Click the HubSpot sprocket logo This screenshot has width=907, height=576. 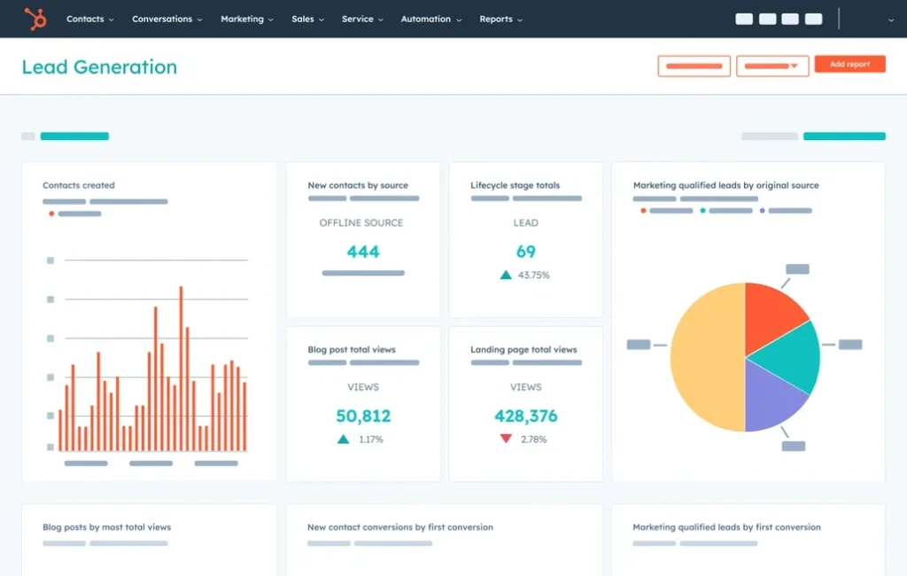tap(35, 19)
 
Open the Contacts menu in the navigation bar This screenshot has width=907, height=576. tap(89, 19)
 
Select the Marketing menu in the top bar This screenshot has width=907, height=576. tap(246, 19)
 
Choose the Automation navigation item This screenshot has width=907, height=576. tap(430, 19)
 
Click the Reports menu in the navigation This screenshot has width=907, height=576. tap(500, 19)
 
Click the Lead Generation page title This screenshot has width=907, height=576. tap(99, 67)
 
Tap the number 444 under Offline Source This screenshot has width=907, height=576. tap(363, 252)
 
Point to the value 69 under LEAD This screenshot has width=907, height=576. tap(526, 252)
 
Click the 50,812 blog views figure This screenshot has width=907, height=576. tap(363, 416)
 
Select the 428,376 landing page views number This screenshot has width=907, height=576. tap(526, 416)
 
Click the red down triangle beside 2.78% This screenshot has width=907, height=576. tap(506, 439)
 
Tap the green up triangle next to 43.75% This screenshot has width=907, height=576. tap(506, 275)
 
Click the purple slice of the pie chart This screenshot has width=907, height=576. tap(772, 397)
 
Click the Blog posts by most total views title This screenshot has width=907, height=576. tap(106, 527)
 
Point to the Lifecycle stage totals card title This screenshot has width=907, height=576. tap(515, 185)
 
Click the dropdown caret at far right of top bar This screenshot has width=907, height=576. tap(890, 19)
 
